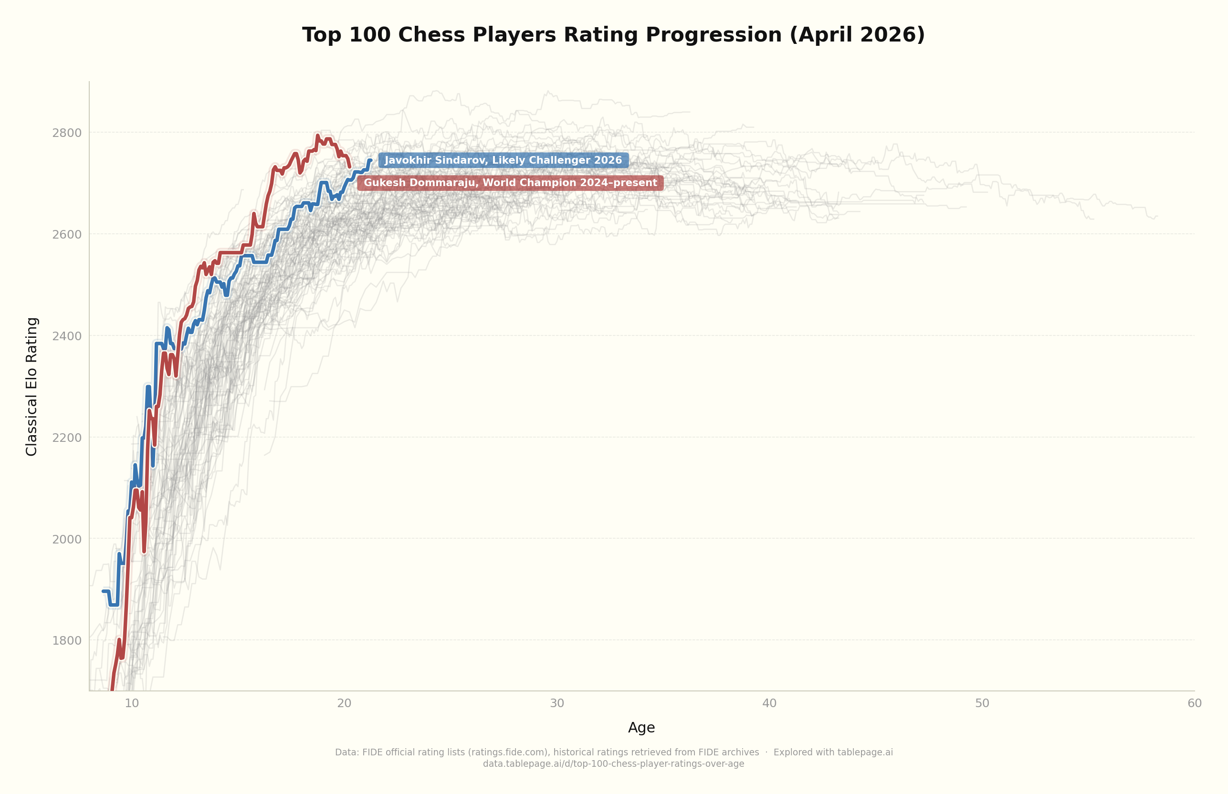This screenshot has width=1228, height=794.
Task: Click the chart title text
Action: [x=613, y=35]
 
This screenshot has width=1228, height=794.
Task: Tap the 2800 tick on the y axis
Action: [x=66, y=133]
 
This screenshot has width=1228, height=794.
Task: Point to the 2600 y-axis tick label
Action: [x=66, y=235]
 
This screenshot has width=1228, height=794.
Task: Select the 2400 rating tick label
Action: [x=66, y=336]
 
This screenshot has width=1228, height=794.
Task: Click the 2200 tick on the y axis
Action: [x=66, y=438]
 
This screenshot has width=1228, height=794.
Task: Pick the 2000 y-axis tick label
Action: [x=66, y=539]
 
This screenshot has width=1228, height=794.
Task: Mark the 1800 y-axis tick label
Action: [x=66, y=641]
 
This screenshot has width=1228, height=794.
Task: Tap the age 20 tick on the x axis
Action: [x=345, y=704]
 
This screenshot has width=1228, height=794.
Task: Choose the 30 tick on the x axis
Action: [x=557, y=704]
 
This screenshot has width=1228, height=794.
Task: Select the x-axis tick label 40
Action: [x=769, y=704]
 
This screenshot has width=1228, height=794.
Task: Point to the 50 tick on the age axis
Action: [x=982, y=704]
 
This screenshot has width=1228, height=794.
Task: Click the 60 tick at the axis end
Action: [x=1195, y=704]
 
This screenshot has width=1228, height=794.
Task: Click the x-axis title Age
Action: [x=641, y=728]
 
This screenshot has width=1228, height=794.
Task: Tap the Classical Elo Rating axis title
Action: [x=32, y=387]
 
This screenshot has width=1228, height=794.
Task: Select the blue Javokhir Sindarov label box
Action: [x=503, y=160]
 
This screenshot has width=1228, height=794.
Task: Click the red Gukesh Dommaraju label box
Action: [x=510, y=183]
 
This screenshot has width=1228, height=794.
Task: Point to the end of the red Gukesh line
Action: [x=349, y=167]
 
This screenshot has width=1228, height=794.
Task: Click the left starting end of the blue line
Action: [x=103, y=591]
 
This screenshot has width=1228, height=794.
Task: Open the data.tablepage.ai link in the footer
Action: [x=613, y=764]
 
